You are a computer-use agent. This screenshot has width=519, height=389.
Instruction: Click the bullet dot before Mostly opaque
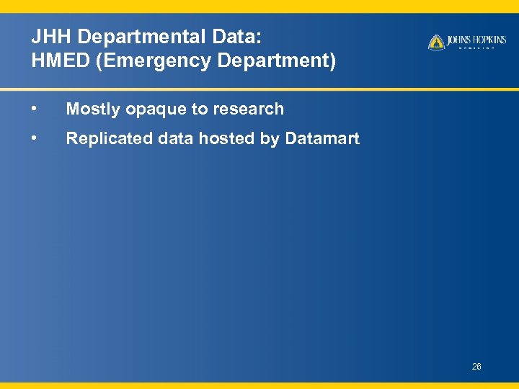point(35,109)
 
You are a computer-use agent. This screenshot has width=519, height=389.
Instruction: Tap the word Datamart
point(322,138)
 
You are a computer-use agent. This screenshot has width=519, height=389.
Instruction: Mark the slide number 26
point(476,367)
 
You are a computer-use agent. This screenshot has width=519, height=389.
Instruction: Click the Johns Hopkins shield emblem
point(436,43)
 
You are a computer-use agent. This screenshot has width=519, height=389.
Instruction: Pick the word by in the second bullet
point(269,139)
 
